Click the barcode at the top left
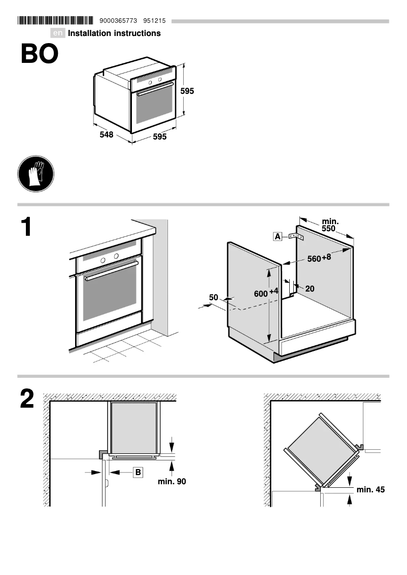(55, 21)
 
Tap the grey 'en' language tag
(58, 33)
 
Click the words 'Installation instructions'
(114, 33)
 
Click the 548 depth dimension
(106, 135)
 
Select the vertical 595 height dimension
(187, 91)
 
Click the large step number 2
(27, 399)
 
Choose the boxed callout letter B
(138, 472)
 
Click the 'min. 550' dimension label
(331, 225)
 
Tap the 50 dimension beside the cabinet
(213, 297)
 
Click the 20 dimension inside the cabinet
(310, 289)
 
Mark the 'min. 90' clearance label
(172, 481)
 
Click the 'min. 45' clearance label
(370, 489)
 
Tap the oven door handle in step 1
(111, 271)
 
